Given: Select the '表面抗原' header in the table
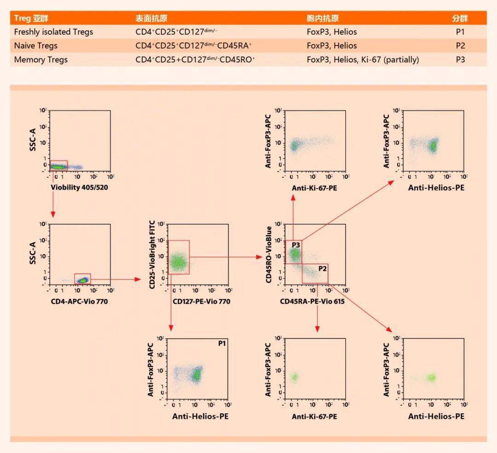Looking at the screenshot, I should click(151, 18).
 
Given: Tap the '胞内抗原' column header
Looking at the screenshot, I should click(323, 18).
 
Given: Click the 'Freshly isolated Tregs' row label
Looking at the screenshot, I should click(53, 32).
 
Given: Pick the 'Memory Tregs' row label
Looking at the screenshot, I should click(40, 59).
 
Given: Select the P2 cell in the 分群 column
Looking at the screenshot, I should click(460, 46).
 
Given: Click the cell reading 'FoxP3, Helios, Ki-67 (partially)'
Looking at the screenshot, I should click(363, 59).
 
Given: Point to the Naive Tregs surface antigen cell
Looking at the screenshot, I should click(193, 46).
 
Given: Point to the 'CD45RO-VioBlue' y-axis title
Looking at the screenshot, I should click(269, 255).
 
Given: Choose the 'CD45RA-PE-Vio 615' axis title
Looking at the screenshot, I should click(312, 302).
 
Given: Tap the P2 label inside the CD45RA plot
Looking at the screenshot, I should click(321, 268).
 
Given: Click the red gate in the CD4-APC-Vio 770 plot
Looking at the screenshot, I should click(82, 279).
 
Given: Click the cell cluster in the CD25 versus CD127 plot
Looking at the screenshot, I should click(178, 262).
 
